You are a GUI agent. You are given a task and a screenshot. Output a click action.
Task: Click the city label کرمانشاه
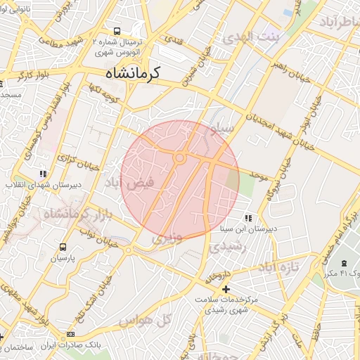click(134, 72)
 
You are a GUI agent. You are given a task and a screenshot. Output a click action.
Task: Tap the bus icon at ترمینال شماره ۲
click(116, 31)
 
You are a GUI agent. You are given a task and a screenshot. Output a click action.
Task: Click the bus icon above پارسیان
click(63, 247)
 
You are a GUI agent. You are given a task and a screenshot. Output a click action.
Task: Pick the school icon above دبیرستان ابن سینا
click(247, 217)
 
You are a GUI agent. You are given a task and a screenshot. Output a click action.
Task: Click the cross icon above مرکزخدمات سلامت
click(225, 289)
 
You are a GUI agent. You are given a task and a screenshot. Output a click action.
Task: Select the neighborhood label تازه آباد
click(278, 267)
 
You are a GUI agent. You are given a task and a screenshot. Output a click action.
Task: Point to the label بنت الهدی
click(251, 39)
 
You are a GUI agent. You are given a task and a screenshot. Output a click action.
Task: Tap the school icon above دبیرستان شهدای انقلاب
click(44, 173)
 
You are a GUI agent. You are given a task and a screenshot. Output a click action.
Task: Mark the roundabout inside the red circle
click(179, 159)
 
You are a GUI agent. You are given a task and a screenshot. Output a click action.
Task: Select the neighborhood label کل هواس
click(146, 321)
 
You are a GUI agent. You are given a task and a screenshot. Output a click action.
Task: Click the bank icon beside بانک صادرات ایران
click(70, 334)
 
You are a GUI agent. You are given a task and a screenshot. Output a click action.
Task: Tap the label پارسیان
click(63, 258)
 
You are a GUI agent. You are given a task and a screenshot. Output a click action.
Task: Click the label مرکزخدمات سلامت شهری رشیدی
click(226, 304)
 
